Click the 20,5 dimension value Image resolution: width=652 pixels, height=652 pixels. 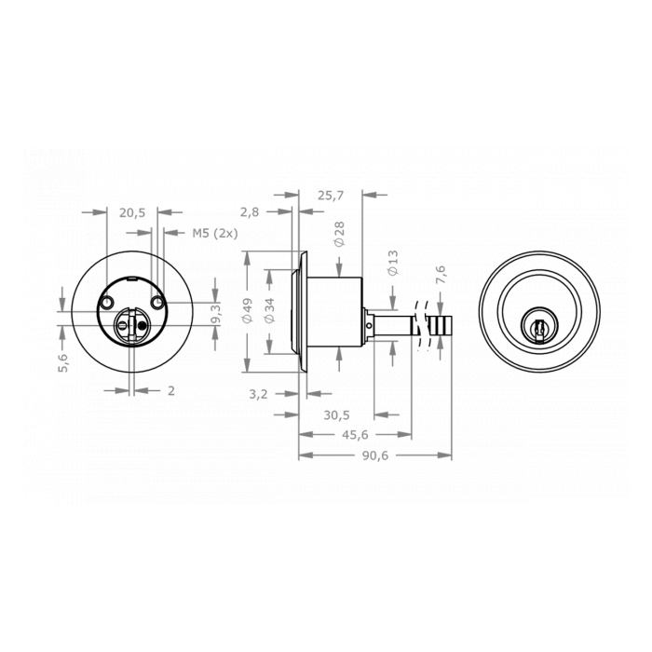(132, 212)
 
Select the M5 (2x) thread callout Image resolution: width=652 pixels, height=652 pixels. (215, 233)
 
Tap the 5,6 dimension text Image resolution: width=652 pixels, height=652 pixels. (63, 363)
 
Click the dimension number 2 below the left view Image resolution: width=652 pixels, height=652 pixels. (171, 391)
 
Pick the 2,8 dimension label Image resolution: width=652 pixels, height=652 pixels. (250, 212)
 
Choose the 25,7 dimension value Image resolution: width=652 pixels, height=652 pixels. (331, 196)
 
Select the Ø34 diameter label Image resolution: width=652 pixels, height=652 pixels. (270, 310)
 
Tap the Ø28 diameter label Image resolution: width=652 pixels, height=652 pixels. (339, 234)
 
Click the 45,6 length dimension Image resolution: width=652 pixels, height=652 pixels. (355, 434)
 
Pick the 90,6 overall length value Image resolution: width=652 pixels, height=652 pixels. (375, 455)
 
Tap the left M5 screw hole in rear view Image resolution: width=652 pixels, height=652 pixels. (107, 304)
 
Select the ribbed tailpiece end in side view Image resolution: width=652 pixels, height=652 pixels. (440, 328)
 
